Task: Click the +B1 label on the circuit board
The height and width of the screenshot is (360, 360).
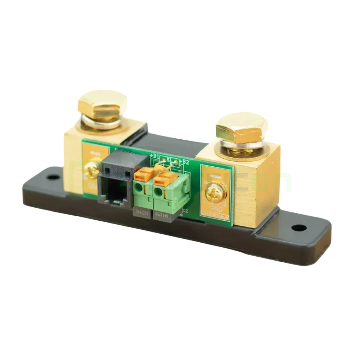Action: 154,156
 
